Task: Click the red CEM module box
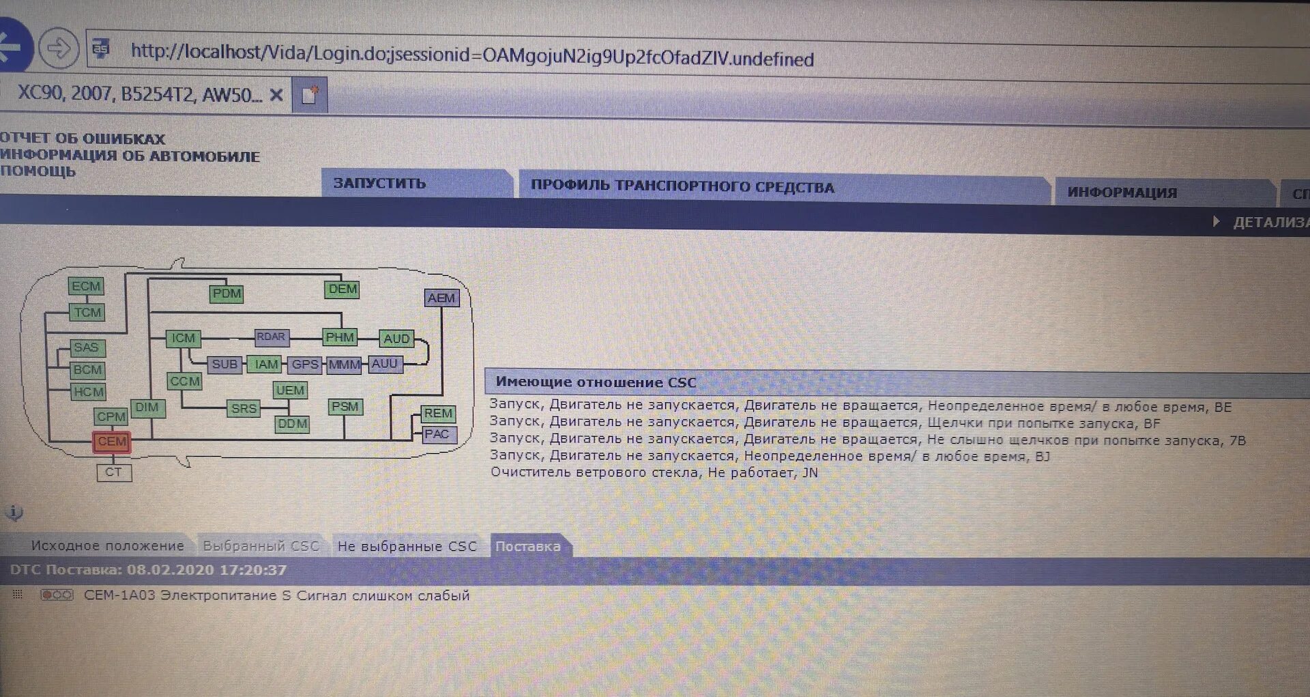(112, 442)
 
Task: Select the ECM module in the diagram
(86, 286)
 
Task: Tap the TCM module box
(87, 313)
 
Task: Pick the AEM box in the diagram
(441, 298)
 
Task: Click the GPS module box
(305, 365)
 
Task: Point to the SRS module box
(244, 409)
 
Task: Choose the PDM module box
(227, 294)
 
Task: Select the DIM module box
(147, 408)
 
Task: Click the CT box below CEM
(113, 472)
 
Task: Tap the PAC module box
(437, 435)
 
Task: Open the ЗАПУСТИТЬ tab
(379, 183)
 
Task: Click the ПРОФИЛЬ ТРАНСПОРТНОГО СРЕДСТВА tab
(682, 186)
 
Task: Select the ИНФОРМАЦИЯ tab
(1122, 193)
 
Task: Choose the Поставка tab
(528, 546)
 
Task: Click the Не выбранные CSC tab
(407, 546)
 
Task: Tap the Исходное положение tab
(107, 545)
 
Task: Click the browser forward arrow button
(59, 48)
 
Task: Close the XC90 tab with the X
(276, 95)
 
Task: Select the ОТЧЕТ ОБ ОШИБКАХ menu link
(83, 139)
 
